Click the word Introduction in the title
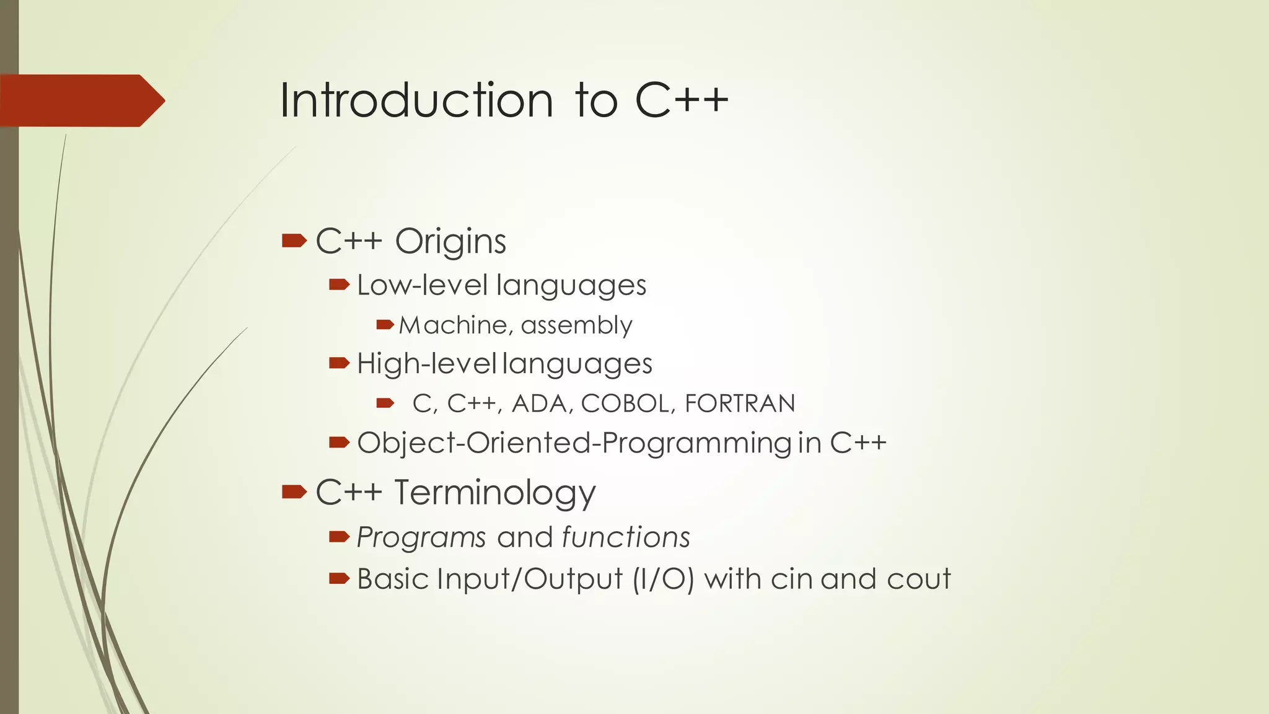(x=416, y=100)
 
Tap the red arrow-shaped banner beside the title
(x=81, y=100)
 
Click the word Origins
(x=450, y=241)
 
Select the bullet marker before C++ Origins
(x=294, y=240)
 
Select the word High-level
(x=427, y=363)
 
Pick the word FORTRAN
(x=740, y=403)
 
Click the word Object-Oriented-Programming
(x=574, y=443)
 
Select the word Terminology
(x=494, y=493)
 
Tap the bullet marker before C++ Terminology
(x=294, y=492)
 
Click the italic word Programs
(x=421, y=537)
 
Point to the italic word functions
(x=626, y=537)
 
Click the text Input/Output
(x=530, y=580)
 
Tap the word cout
(x=918, y=580)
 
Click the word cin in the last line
(x=791, y=580)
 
